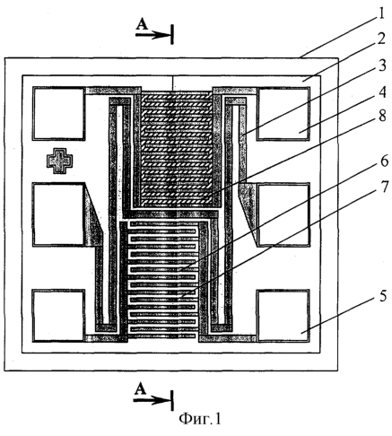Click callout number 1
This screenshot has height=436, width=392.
click(380, 13)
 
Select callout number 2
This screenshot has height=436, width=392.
click(380, 39)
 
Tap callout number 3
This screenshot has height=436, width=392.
click(382, 65)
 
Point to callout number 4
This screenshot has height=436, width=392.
click(382, 92)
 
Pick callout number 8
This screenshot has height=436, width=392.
click(382, 116)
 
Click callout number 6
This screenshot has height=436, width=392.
click(384, 161)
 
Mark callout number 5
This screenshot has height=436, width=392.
click(383, 297)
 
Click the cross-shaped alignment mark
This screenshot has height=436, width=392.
click(60, 161)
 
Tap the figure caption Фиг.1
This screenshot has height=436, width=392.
click(200, 419)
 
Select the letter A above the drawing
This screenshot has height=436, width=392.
click(142, 24)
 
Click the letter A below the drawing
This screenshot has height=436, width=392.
click(140, 389)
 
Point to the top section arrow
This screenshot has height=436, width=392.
click(153, 35)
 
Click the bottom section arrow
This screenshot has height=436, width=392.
click(152, 400)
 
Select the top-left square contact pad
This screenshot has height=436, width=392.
click(58, 113)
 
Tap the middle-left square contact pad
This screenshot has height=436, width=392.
click(58, 214)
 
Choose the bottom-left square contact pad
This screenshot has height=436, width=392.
click(58, 316)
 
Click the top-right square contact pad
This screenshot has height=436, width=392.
click(283, 113)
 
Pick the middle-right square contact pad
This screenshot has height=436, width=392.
click(283, 214)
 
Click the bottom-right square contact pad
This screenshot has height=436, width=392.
click(283, 316)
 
